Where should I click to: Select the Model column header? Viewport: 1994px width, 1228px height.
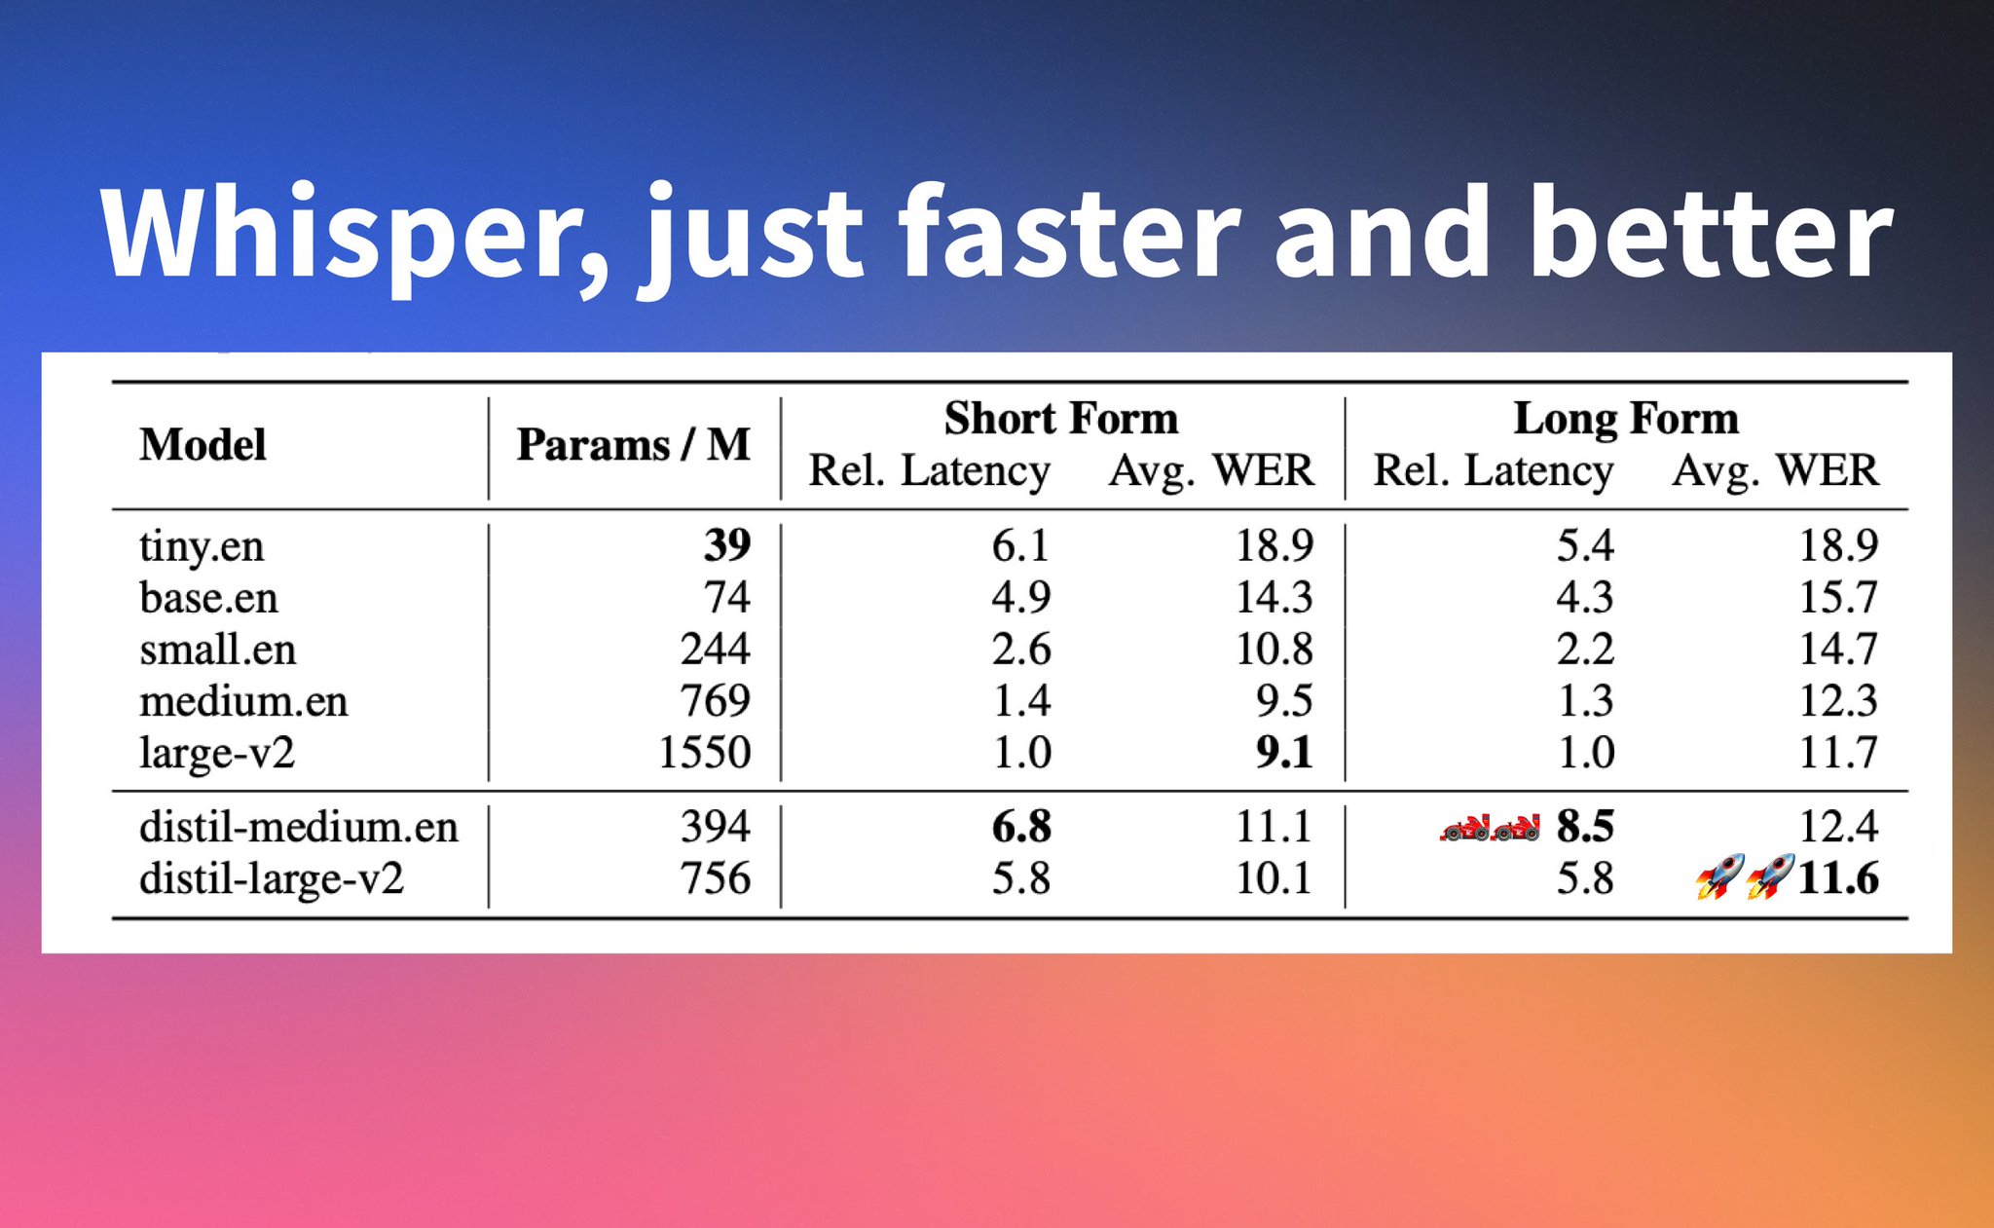[x=203, y=445]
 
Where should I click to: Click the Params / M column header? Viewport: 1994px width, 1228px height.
[x=633, y=445]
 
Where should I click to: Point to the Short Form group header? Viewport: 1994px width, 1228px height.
[x=1061, y=419]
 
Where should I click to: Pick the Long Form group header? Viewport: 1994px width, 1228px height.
[x=1626, y=419]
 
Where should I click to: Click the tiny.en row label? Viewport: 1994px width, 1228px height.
[x=202, y=546]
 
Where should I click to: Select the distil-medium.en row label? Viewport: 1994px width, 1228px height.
[x=298, y=827]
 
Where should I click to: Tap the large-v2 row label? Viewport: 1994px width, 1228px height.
[x=217, y=753]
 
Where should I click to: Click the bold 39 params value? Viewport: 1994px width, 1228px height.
[x=727, y=545]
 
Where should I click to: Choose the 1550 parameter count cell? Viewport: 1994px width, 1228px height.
[x=705, y=753]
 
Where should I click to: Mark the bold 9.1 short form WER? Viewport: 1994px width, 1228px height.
[x=1284, y=753]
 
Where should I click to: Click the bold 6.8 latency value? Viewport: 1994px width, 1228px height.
[x=1021, y=827]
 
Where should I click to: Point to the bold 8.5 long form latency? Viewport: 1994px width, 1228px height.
[x=1584, y=827]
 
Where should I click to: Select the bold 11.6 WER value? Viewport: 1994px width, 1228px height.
[x=1837, y=878]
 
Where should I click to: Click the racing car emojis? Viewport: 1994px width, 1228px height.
[x=1490, y=829]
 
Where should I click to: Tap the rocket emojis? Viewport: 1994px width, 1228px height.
[x=1745, y=876]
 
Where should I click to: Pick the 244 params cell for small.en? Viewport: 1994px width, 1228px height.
[x=716, y=650]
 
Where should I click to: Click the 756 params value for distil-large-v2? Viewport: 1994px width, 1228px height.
[x=716, y=878]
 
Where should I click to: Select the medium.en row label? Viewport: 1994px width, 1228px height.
[x=243, y=701]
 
